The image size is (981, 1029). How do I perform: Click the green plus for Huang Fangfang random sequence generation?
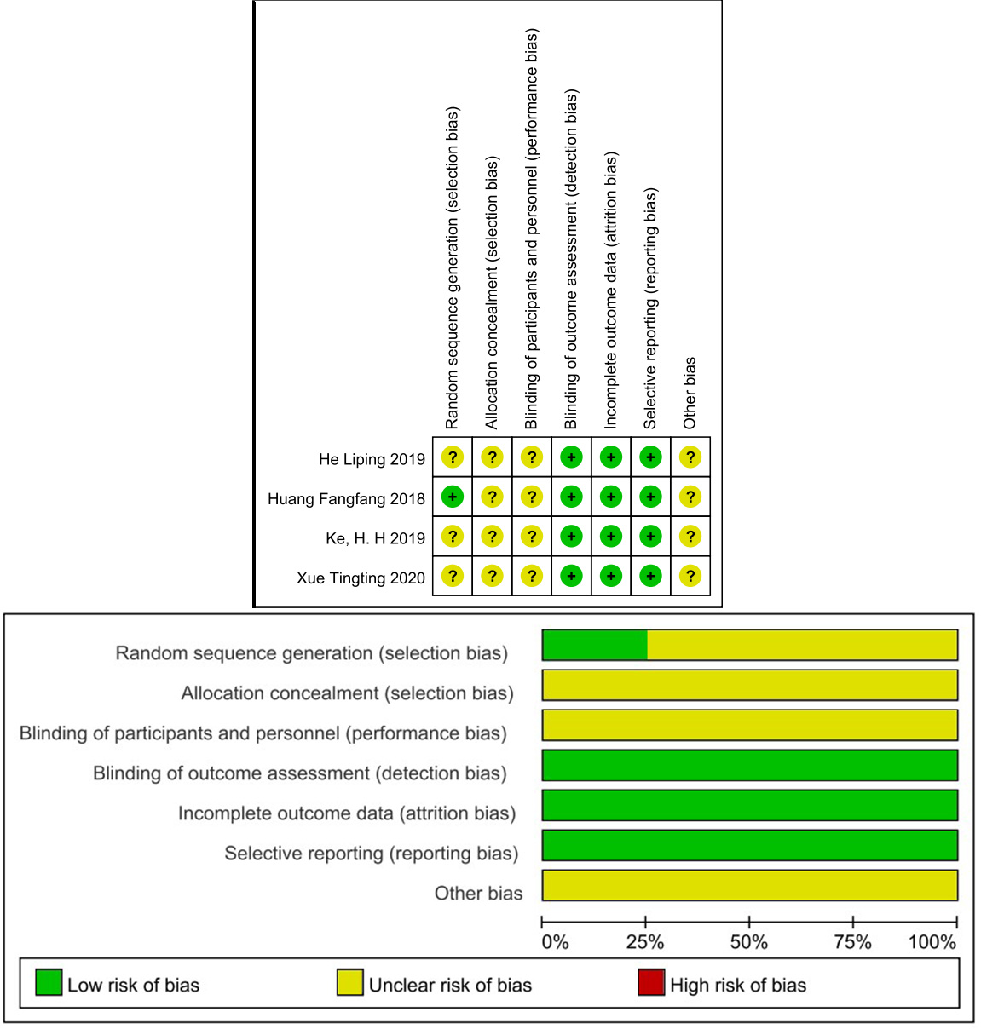tap(453, 497)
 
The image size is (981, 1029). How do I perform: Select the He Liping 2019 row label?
tap(372, 459)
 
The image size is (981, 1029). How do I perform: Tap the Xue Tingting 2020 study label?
tap(361, 578)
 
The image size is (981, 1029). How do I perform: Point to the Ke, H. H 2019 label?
tap(375, 538)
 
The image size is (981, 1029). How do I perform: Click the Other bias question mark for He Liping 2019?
tap(690, 457)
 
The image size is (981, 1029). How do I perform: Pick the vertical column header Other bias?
tap(690, 393)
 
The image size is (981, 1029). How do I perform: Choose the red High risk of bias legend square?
tap(651, 982)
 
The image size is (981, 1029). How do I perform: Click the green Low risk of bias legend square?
tap(49, 982)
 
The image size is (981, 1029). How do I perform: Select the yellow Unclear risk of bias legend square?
tap(349, 982)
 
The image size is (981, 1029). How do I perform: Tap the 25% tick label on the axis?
tap(645, 942)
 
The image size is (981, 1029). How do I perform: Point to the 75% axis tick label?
tap(852, 942)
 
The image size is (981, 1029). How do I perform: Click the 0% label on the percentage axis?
tap(555, 942)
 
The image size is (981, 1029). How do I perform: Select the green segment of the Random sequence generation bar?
tap(595, 645)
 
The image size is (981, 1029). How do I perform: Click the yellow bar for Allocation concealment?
tap(750, 685)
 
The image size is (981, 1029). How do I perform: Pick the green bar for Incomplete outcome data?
tap(750, 805)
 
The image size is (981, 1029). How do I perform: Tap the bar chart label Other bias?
tap(478, 894)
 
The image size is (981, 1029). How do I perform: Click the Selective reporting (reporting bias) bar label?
tap(371, 854)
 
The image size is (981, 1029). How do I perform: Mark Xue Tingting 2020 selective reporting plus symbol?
tap(650, 577)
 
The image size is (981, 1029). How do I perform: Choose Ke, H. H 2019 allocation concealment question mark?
tap(492, 537)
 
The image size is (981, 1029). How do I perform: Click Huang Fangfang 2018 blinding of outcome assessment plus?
tap(571, 497)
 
